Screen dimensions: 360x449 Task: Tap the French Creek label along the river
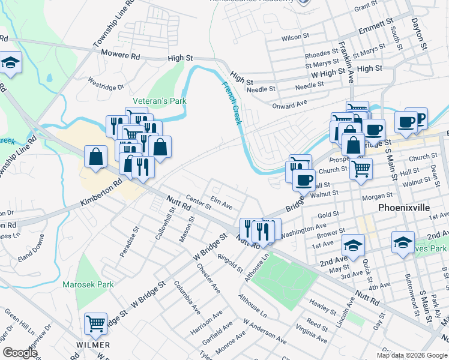point(232,103)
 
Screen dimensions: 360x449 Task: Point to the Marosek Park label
point(89,284)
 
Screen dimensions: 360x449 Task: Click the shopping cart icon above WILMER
point(96,324)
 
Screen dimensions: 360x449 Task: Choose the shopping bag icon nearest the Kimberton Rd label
point(96,157)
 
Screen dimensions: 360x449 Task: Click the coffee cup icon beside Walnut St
point(304,179)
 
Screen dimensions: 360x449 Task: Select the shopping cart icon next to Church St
point(361,169)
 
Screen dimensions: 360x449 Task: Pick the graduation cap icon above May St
point(353,245)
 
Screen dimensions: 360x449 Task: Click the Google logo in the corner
point(20,353)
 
